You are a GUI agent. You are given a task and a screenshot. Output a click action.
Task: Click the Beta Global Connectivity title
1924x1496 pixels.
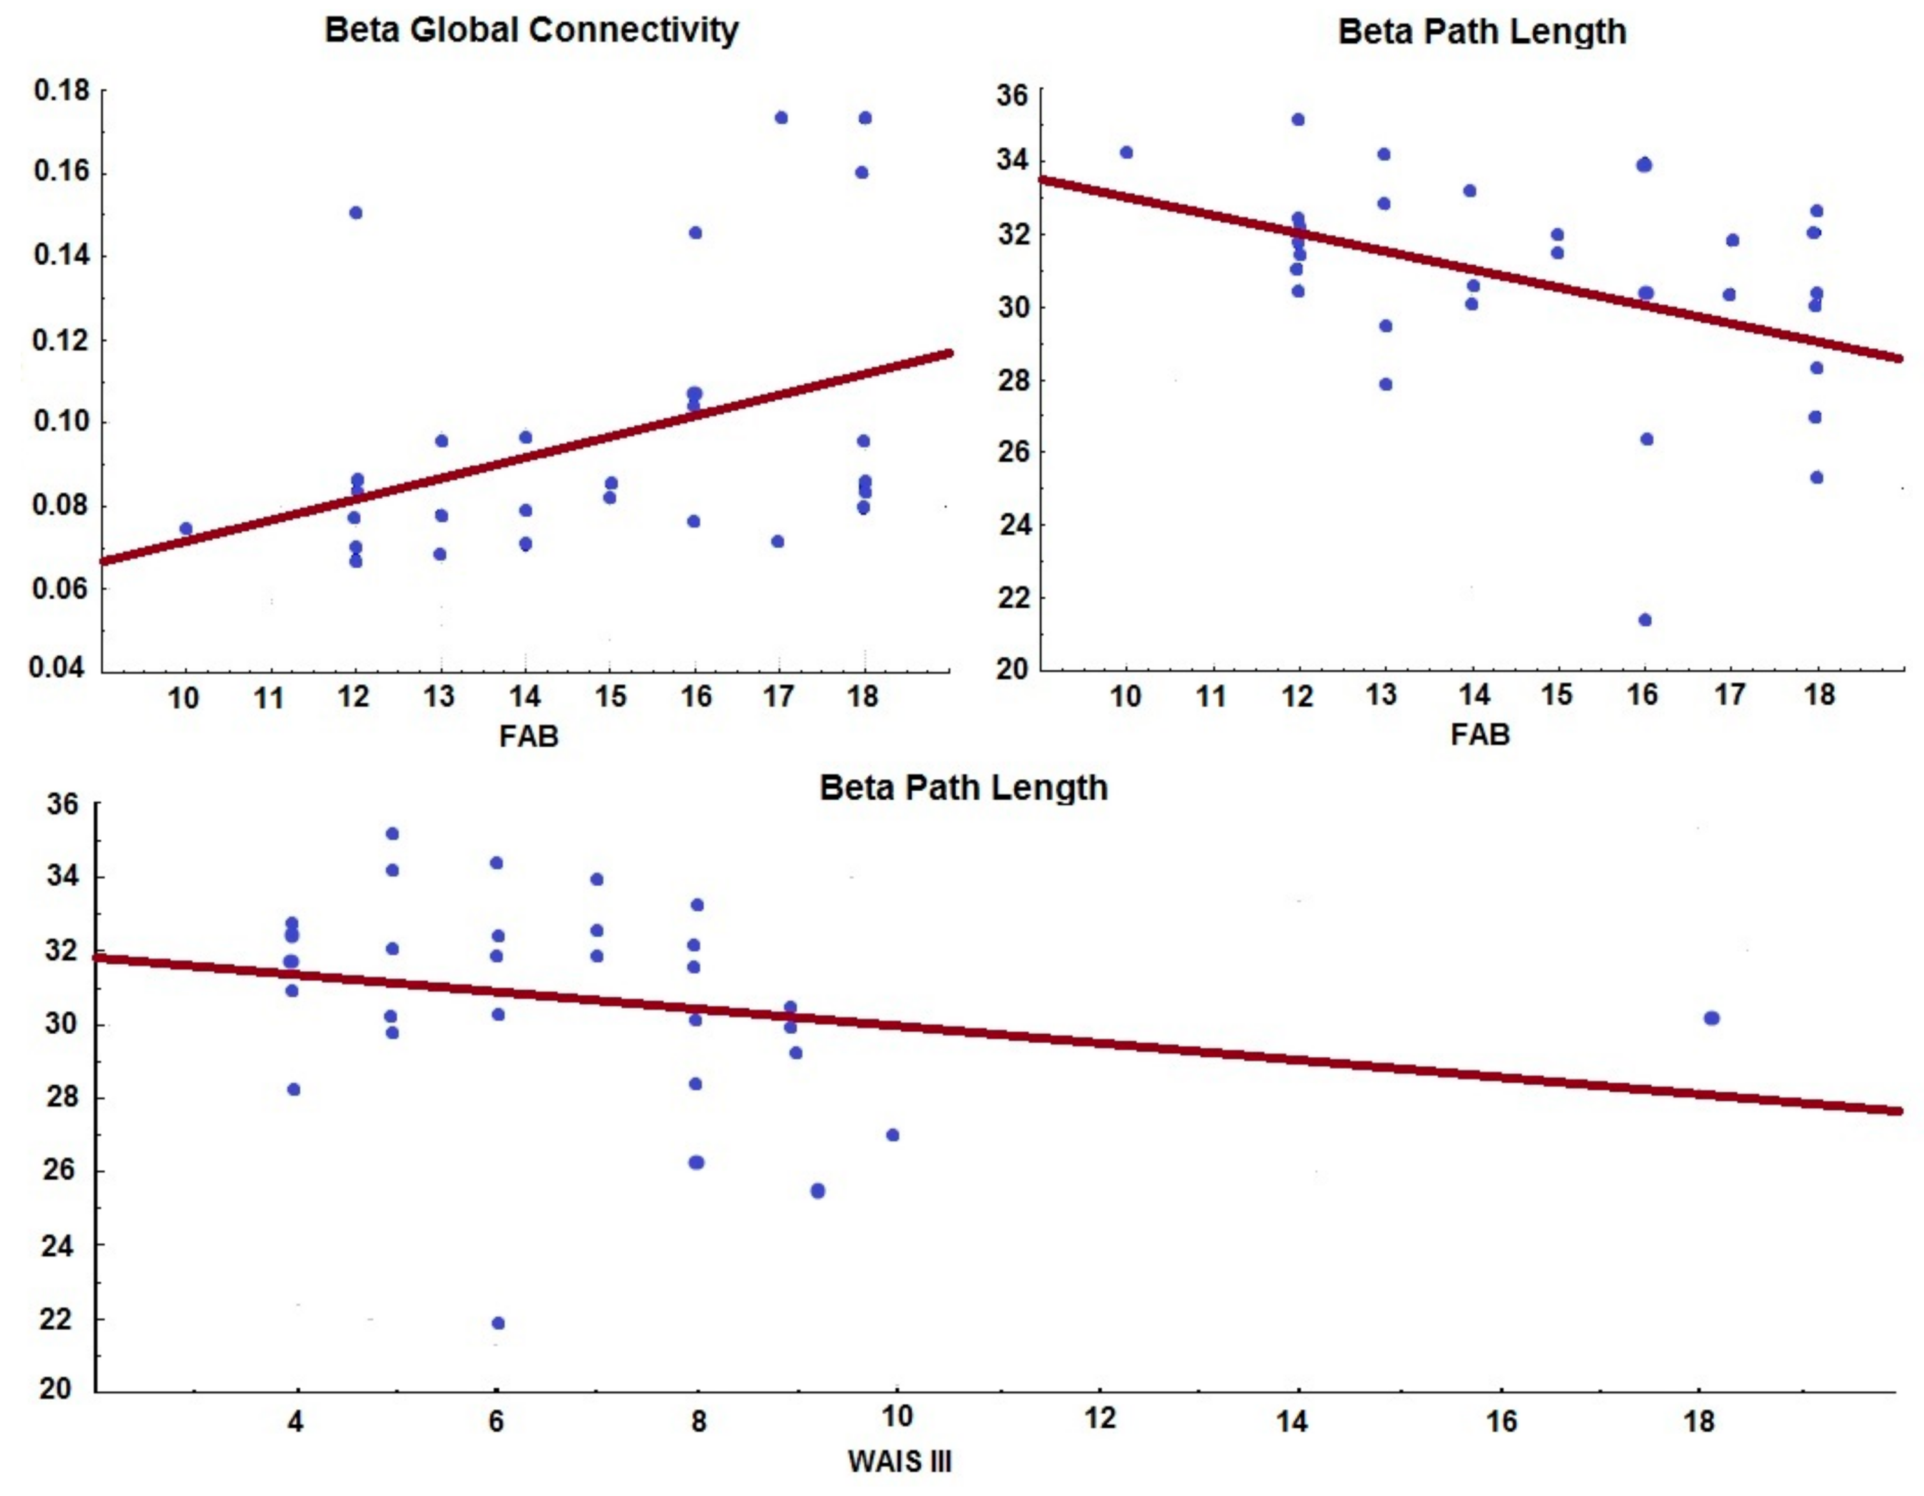[x=531, y=30]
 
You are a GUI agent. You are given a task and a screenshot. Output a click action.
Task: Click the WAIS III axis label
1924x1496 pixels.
[x=900, y=1462]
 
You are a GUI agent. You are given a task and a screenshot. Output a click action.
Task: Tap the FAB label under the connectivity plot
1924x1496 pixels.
[x=528, y=736]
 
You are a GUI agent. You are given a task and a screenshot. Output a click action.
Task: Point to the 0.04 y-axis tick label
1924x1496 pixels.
[x=58, y=667]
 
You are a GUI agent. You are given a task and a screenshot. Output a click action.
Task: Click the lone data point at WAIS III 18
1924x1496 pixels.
[x=1711, y=1018]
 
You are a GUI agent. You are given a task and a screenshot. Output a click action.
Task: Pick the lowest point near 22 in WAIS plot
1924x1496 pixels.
[x=498, y=1323]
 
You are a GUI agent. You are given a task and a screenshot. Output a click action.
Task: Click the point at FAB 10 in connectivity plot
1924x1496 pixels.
[x=186, y=529]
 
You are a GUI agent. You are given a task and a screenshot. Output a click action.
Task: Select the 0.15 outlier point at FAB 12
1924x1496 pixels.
[x=356, y=212]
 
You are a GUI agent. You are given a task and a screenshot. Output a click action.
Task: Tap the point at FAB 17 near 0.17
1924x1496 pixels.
[x=780, y=118]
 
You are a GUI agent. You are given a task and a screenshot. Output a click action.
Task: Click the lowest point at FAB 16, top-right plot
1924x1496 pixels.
[x=1644, y=620]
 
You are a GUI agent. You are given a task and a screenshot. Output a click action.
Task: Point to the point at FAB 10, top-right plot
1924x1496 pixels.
[x=1126, y=152]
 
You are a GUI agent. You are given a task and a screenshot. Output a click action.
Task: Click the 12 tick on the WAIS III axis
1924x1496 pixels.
[x=1100, y=1418]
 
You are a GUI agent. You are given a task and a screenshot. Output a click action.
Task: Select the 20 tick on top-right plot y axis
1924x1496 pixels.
[x=1012, y=669]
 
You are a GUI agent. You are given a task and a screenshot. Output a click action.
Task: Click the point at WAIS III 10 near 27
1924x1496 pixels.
[x=893, y=1135]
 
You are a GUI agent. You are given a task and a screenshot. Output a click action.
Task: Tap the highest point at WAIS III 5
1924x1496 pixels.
[x=392, y=833]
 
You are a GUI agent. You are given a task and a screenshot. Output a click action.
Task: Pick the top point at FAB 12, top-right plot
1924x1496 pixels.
[x=1297, y=120]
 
